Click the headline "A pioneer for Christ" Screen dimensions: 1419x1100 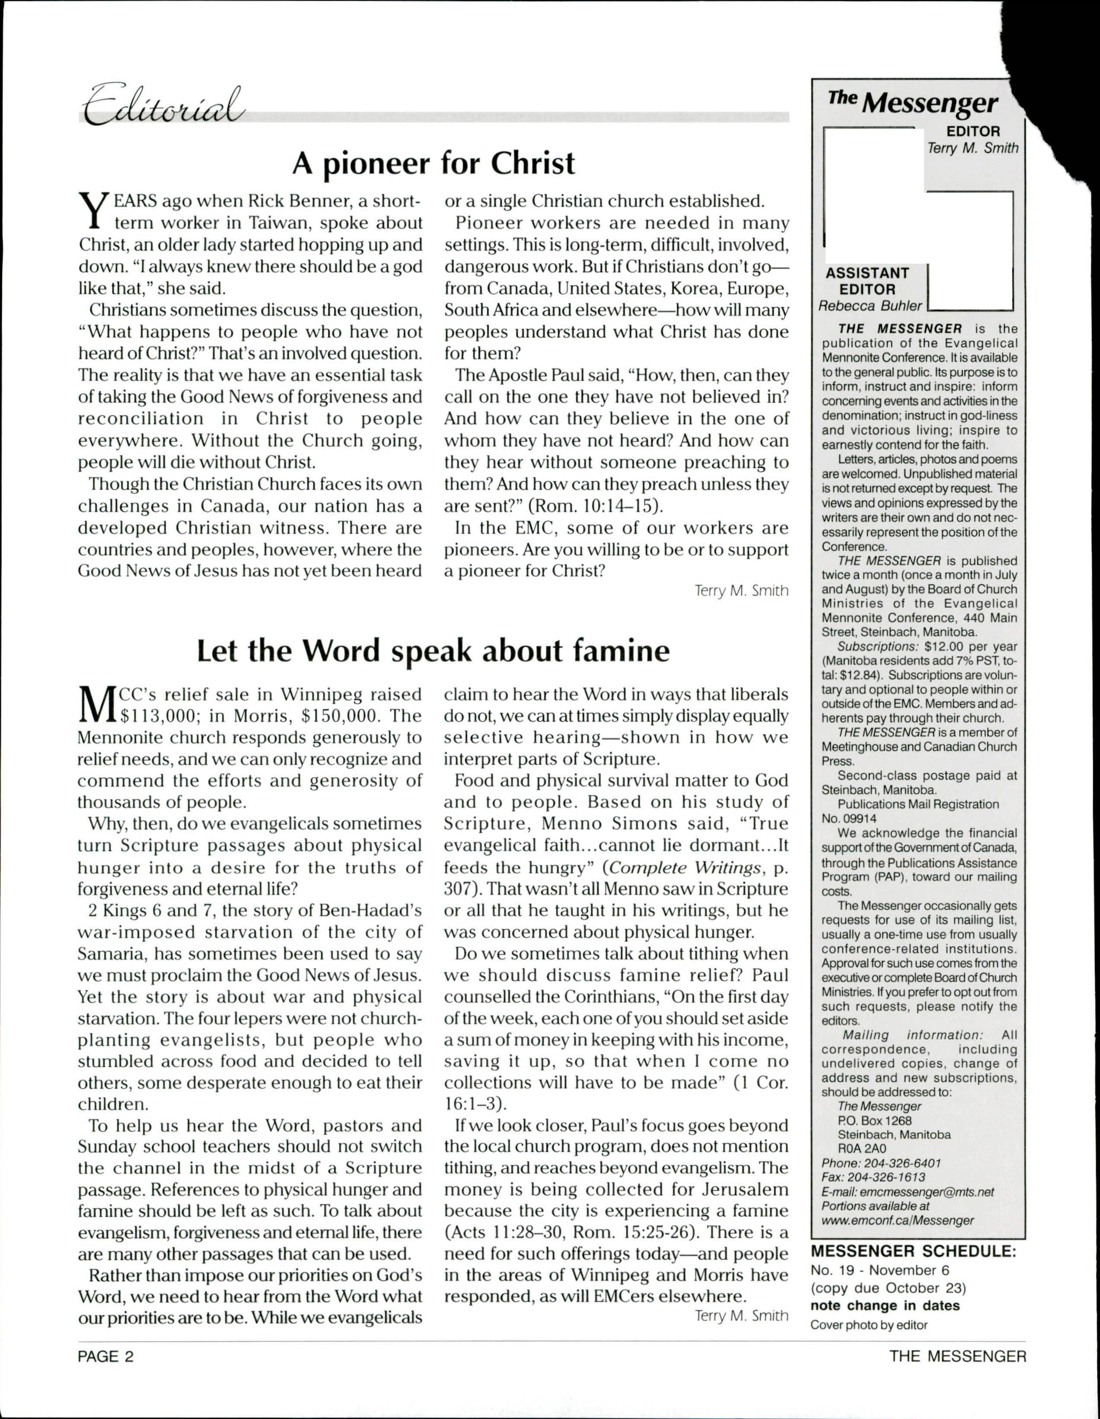[x=434, y=163]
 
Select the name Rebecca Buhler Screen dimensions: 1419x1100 [x=870, y=306]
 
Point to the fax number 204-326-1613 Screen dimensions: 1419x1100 [x=893, y=1177]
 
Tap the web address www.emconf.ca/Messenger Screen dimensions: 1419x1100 [x=897, y=1220]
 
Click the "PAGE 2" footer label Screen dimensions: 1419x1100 [x=105, y=1356]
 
